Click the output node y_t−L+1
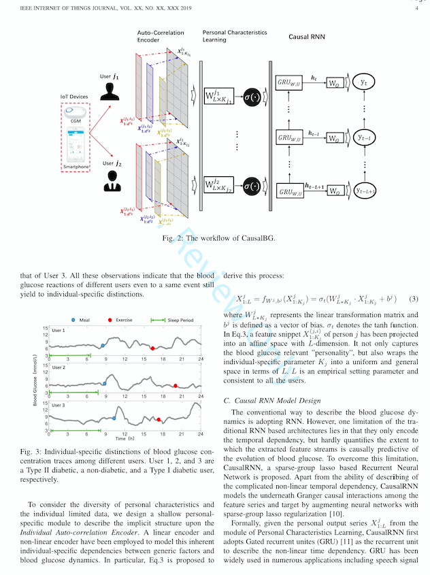365,192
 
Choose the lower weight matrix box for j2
218,185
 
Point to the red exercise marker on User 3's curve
159,420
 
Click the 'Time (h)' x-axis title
126,440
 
